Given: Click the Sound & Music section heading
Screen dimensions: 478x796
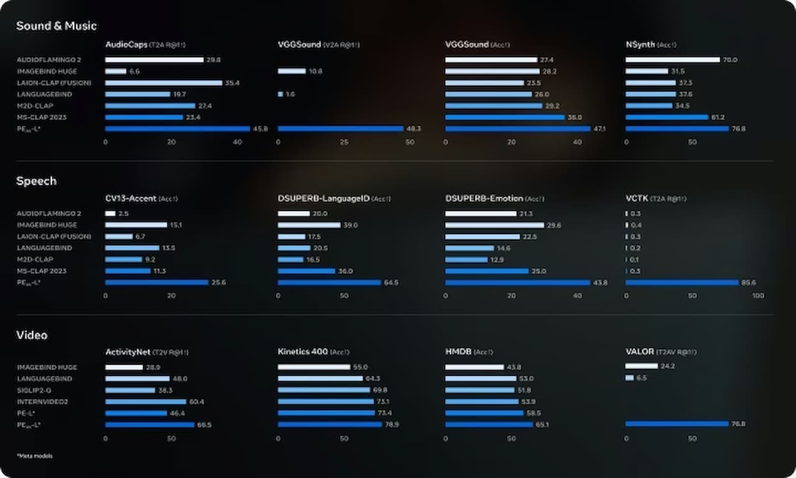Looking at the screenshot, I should [56, 26].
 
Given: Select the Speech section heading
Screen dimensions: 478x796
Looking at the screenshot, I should [36, 181].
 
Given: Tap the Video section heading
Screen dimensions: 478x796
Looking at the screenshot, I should [32, 335].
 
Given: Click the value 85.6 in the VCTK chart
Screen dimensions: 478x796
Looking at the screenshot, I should [748, 283].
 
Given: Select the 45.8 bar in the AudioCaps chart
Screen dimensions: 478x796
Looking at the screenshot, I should [177, 129].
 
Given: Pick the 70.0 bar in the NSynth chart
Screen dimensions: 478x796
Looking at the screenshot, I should [672, 60].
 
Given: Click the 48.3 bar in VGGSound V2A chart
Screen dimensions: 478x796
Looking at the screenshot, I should [340, 129].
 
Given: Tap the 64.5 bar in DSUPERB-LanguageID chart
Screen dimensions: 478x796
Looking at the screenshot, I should [329, 283].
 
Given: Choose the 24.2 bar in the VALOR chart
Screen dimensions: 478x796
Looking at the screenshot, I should [641, 366].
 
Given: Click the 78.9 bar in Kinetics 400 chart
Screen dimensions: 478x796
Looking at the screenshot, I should [330, 424].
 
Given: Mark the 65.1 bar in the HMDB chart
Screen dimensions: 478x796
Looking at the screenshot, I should [488, 424].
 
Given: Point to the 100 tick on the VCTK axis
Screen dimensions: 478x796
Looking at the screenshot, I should [758, 296].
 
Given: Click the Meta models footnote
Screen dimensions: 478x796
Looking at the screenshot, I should [35, 456].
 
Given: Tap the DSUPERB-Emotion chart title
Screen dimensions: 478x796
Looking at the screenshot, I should [484, 199].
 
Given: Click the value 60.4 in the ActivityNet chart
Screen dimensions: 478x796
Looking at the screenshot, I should [197, 401].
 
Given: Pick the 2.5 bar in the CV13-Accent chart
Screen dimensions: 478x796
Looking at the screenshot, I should [110, 213].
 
